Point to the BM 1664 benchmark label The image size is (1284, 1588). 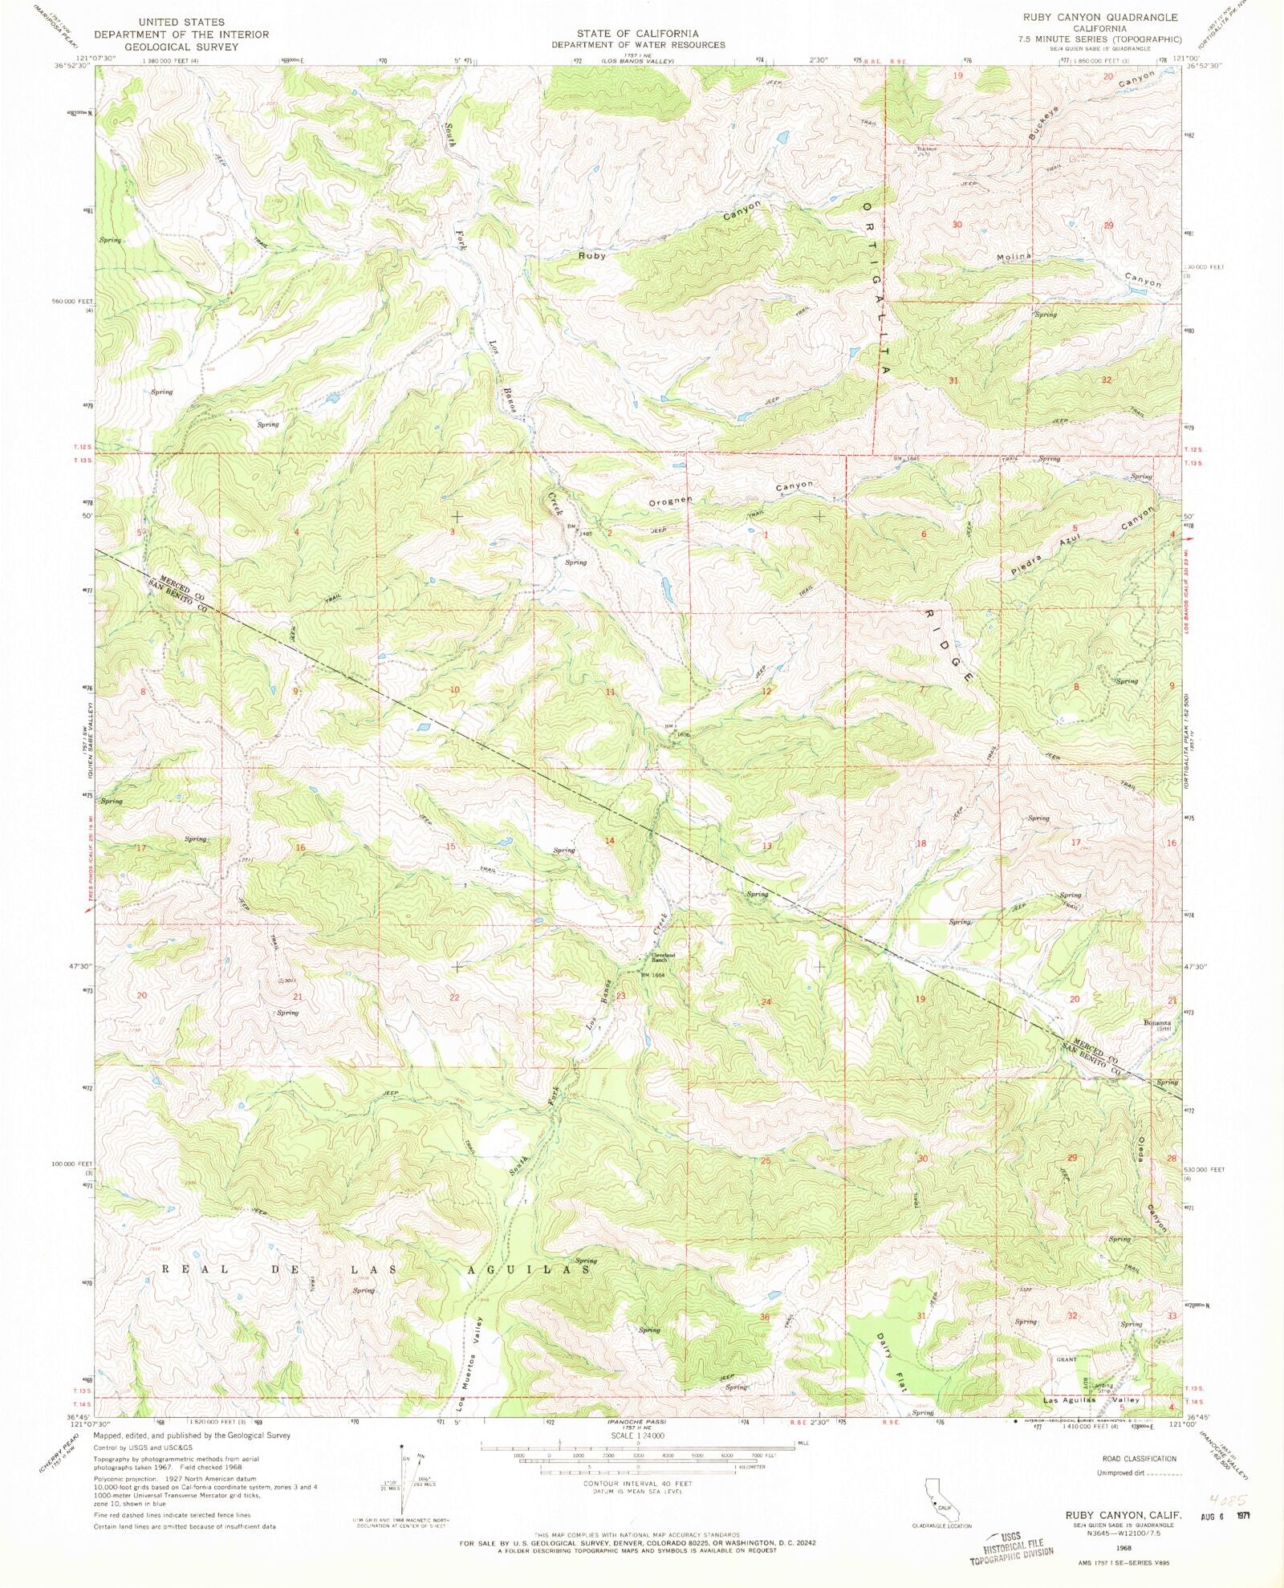point(653,975)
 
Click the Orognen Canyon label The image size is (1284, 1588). point(730,493)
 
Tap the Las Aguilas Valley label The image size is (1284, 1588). point(1091,1399)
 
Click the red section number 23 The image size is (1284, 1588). point(620,996)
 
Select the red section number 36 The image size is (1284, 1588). point(765,1318)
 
